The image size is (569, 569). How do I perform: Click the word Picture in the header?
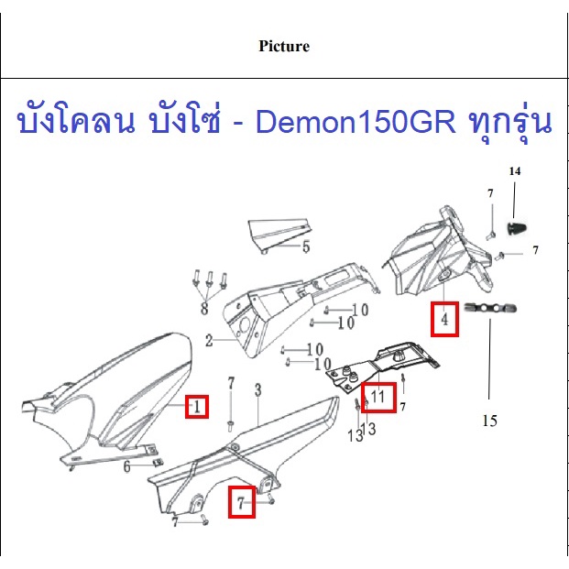click(284, 46)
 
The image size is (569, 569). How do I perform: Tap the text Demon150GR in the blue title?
click(356, 122)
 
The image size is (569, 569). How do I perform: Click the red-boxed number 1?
click(197, 407)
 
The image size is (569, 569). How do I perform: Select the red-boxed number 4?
click(444, 320)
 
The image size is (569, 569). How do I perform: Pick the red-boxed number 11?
click(378, 397)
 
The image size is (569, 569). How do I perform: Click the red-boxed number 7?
click(241, 503)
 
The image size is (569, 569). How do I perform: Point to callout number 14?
click(515, 171)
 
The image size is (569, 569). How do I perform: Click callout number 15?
click(489, 421)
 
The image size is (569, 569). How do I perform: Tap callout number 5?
click(306, 246)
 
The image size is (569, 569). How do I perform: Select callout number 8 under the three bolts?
click(204, 309)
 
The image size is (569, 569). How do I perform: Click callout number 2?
click(209, 340)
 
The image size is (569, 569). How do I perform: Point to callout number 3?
click(257, 390)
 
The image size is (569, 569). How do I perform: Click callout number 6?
click(126, 466)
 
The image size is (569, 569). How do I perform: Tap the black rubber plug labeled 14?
click(517, 227)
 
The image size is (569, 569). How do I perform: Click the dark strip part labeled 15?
click(490, 309)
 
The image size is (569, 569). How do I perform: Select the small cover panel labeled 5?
click(279, 235)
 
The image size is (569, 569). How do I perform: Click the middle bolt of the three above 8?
click(209, 279)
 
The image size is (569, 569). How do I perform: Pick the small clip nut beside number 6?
click(158, 463)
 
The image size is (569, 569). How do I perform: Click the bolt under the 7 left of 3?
click(230, 426)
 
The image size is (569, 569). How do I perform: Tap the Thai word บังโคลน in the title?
click(76, 122)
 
